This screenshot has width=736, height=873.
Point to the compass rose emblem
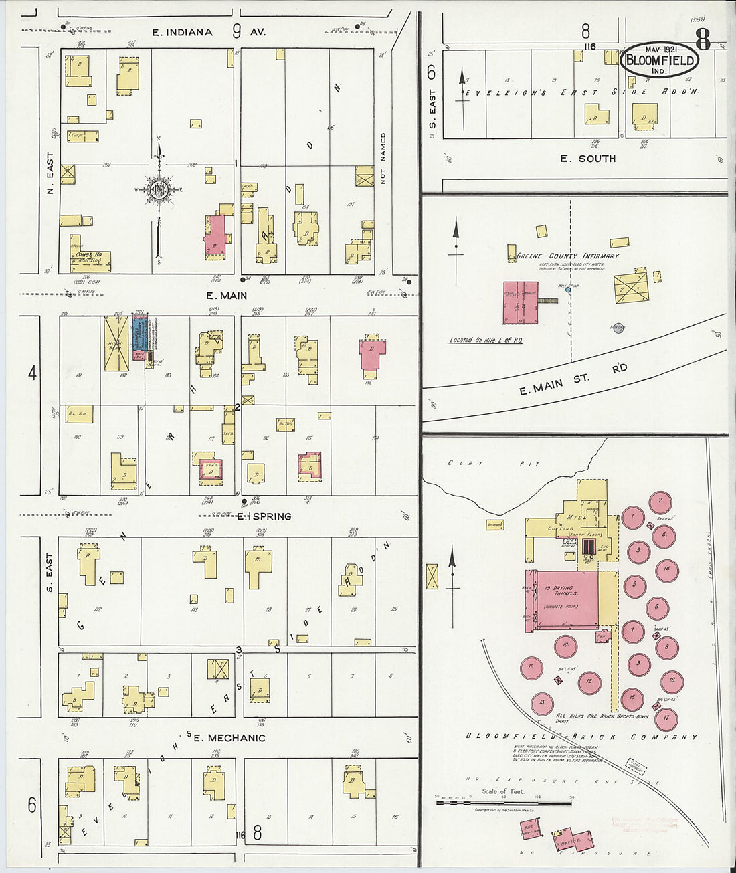[159, 189]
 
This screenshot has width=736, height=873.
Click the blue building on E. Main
[139, 338]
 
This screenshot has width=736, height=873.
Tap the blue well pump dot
[568, 289]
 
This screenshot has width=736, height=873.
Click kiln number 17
[666, 720]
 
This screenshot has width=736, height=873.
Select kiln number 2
[660, 501]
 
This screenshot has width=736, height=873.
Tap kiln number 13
[542, 703]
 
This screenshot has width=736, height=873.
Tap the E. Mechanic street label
[229, 738]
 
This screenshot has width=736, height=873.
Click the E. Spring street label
[264, 516]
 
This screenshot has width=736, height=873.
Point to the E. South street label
[587, 159]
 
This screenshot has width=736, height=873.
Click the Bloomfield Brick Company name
[581, 737]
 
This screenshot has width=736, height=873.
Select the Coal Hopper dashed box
[636, 765]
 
